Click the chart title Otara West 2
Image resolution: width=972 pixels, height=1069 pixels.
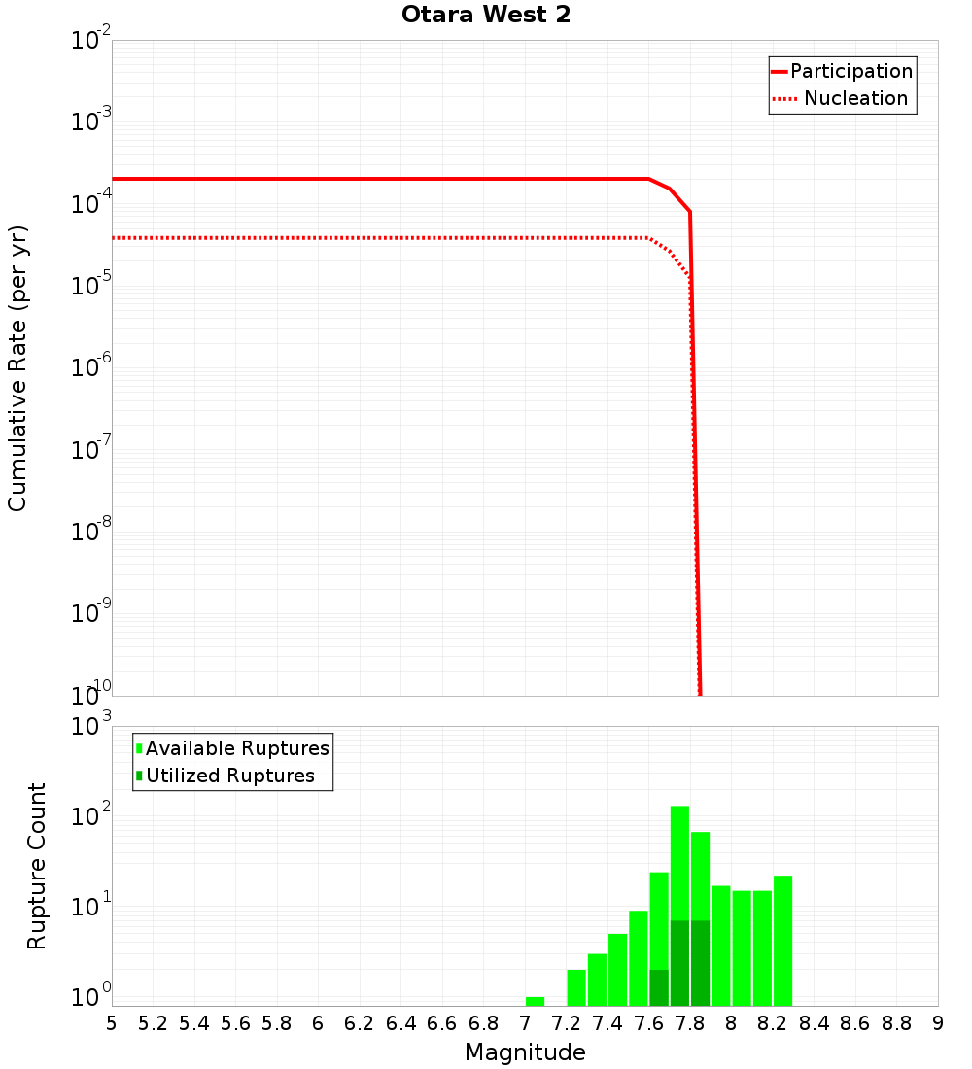486,16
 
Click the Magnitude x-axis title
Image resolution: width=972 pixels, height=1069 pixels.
525,1052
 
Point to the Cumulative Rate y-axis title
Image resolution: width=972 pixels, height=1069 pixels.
17,367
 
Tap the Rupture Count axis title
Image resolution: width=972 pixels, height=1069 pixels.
37,866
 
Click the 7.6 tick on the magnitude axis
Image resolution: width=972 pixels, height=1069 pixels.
648,1023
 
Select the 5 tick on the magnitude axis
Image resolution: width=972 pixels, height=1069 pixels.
112,1023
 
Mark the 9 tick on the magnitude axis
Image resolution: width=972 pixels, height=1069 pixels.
938,1023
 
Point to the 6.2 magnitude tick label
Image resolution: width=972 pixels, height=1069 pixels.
360,1023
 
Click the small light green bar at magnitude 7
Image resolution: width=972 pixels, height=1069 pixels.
535,1001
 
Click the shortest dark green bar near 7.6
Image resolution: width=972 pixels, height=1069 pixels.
659,987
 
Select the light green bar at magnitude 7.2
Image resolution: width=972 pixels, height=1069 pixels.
576,987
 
